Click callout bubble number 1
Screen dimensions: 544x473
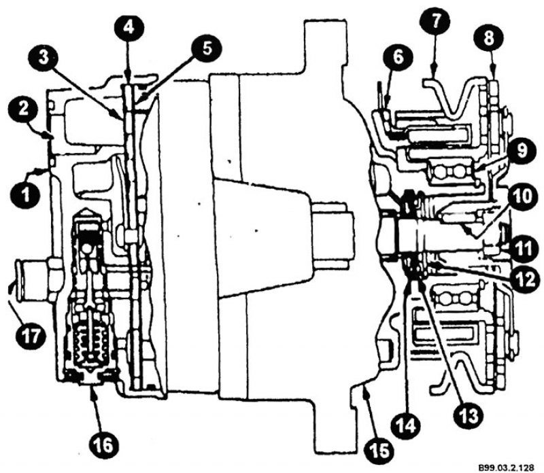point(26,194)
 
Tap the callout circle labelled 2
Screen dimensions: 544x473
point(23,109)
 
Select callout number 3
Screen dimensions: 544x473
point(44,58)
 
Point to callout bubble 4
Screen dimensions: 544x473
point(129,28)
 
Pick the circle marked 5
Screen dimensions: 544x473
point(207,49)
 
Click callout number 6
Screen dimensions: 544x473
point(398,57)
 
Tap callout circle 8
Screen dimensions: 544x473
point(489,38)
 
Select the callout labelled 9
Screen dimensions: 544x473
point(522,150)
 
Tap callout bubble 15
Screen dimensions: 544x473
point(379,451)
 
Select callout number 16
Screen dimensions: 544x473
point(103,444)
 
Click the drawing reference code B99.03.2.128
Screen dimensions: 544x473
point(506,467)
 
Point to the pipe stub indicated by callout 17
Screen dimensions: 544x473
point(33,280)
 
